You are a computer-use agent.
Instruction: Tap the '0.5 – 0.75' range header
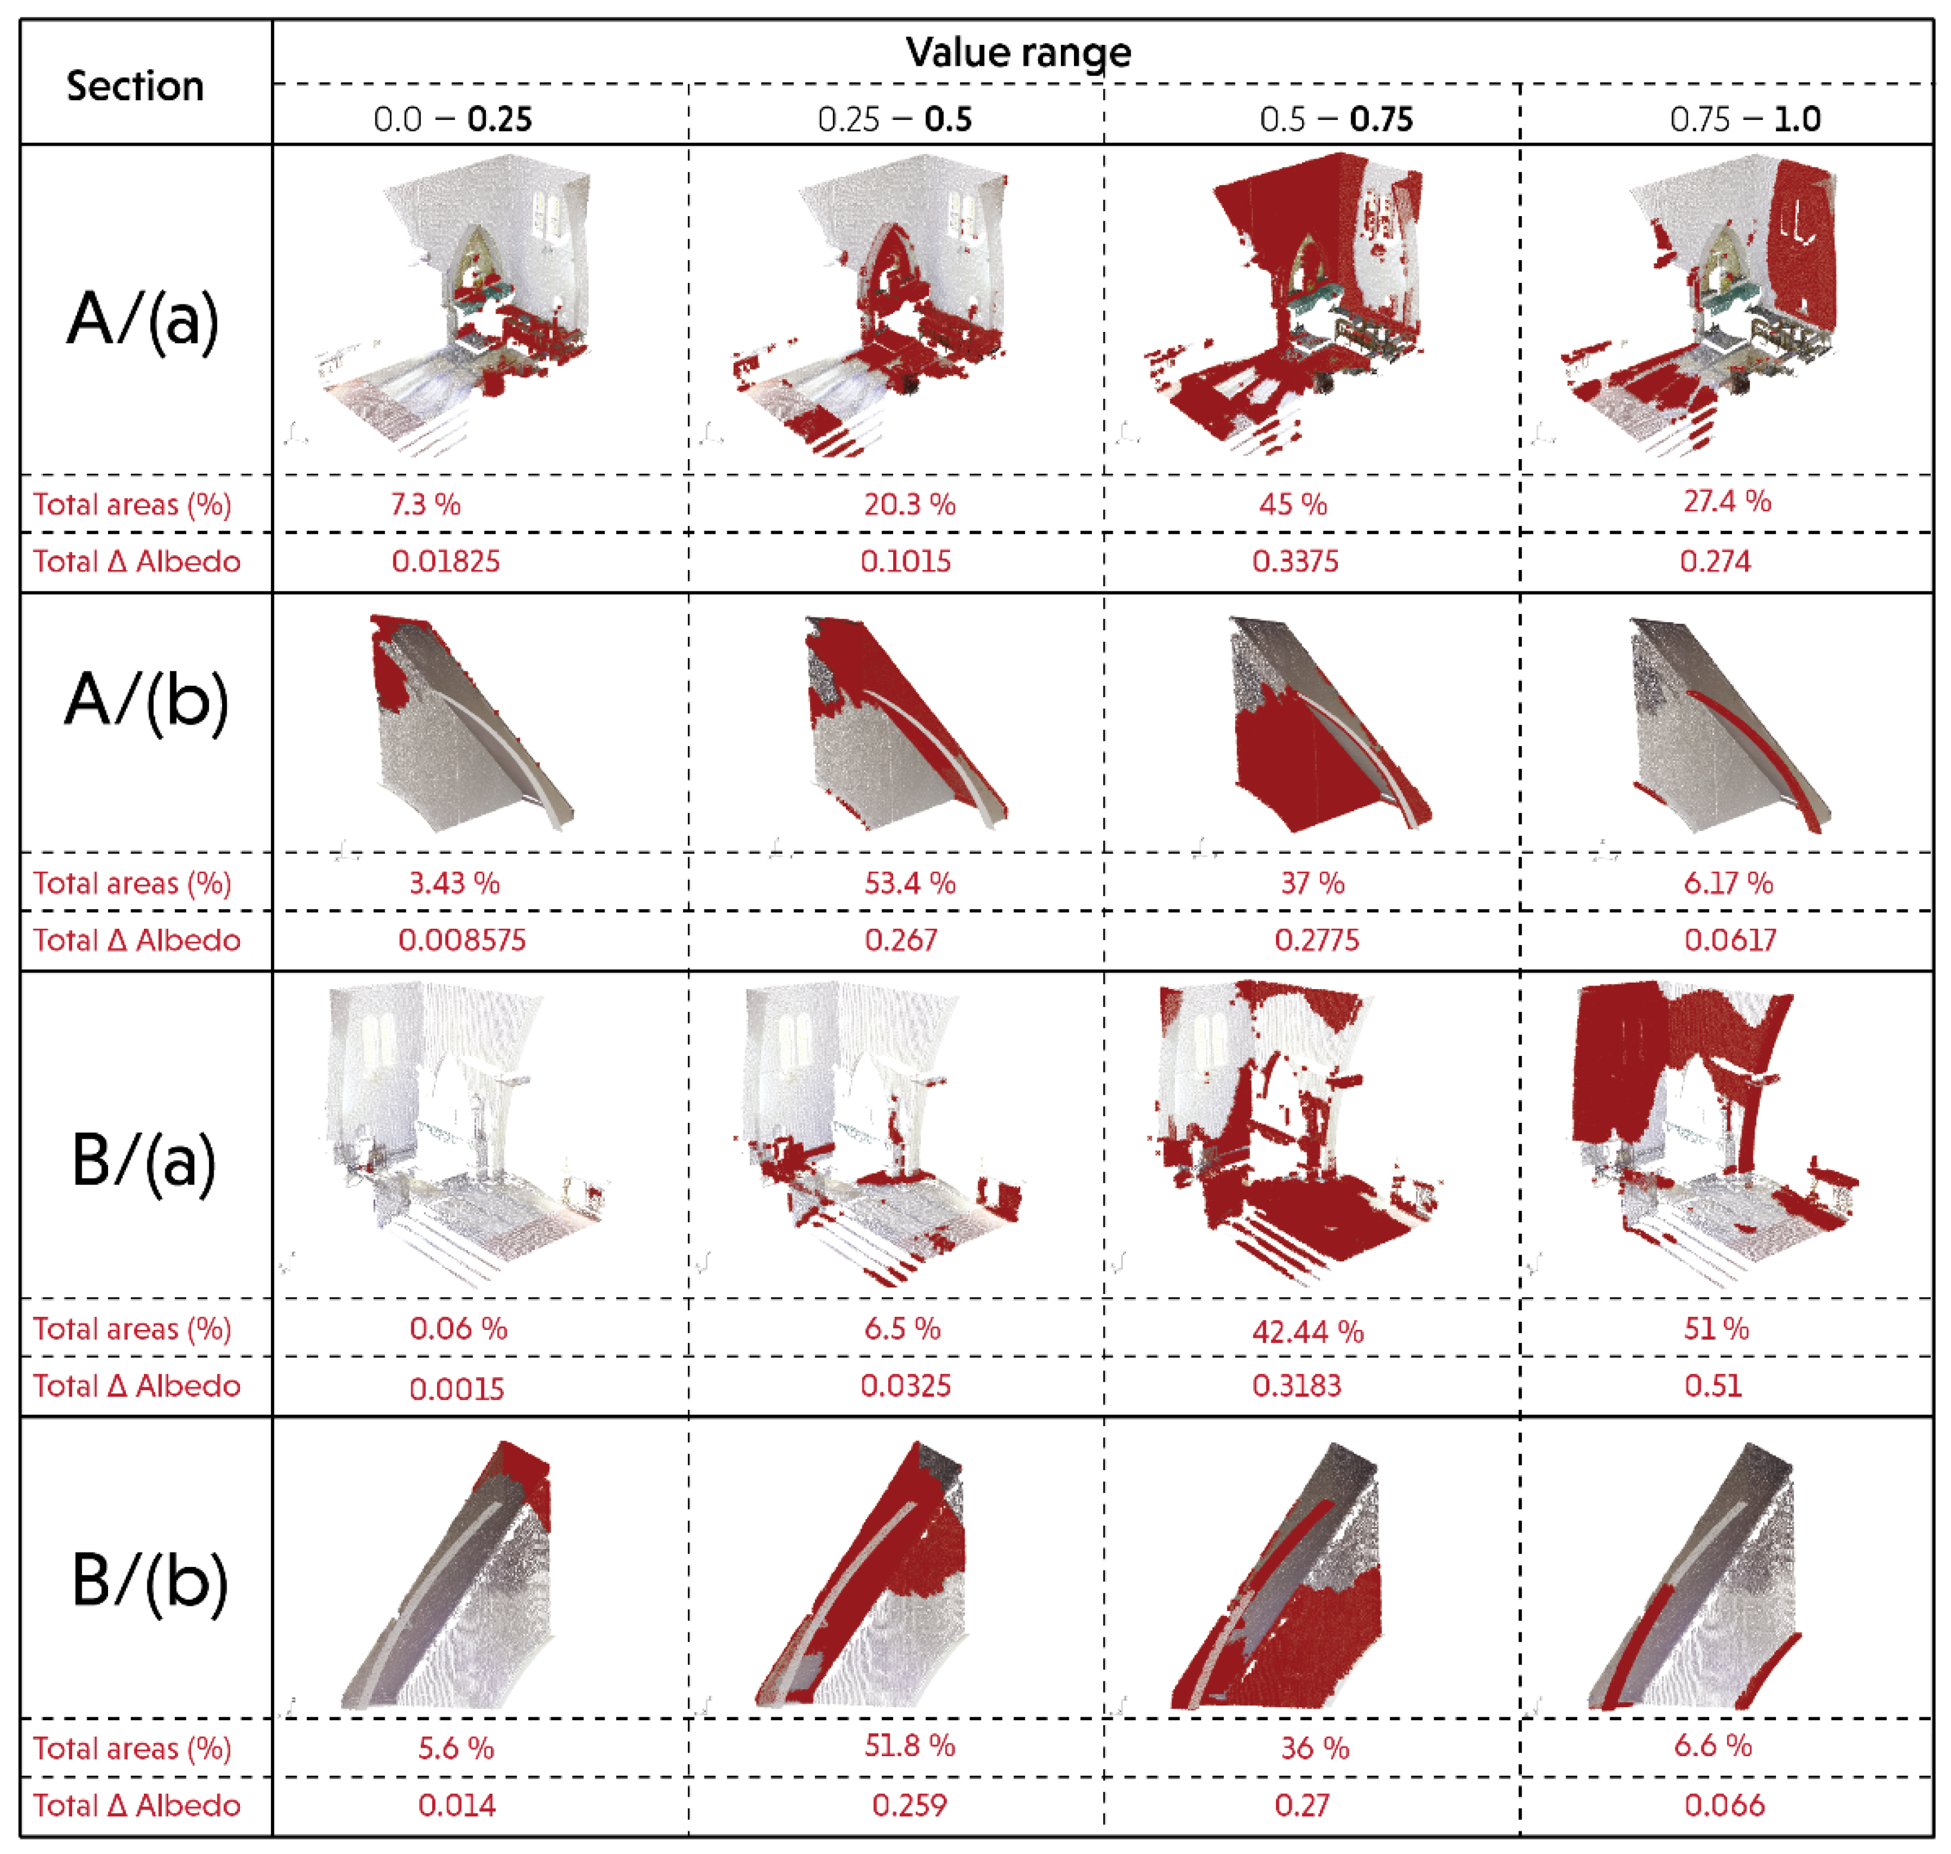[x=1335, y=119]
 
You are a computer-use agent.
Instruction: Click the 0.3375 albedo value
[x=1295, y=561]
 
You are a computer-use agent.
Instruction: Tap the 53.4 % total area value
[x=909, y=882]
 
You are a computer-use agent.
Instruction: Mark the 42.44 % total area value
[x=1307, y=1331]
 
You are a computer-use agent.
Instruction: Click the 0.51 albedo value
[x=1713, y=1385]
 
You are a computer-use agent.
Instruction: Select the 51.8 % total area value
[x=909, y=1747]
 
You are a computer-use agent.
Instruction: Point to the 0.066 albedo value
[x=1724, y=1806]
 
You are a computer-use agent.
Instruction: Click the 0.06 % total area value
[x=458, y=1328]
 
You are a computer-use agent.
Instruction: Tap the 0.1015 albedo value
[x=905, y=561]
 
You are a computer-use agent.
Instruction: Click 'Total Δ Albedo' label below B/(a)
[x=136, y=1385]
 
